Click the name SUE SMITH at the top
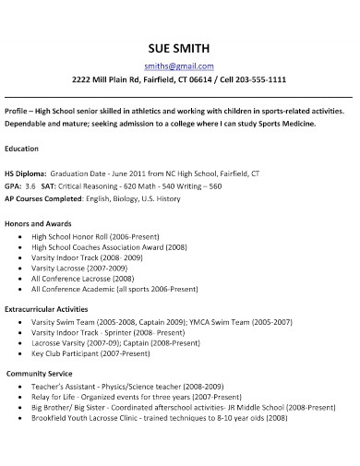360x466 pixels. pyautogui.click(x=180, y=48)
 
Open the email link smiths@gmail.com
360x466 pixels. pyautogui.click(x=180, y=66)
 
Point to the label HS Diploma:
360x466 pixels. pyautogui.click(x=26, y=173)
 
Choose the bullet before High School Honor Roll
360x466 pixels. pyautogui.click(x=20, y=237)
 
